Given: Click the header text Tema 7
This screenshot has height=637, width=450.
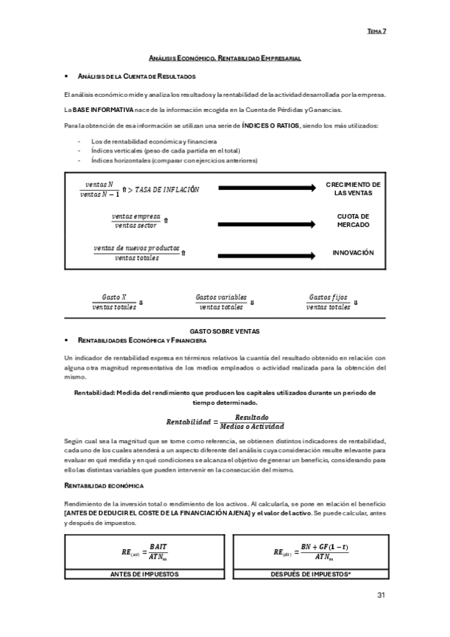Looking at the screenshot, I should [x=376, y=32].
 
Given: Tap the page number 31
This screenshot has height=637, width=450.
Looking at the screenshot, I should [x=381, y=596].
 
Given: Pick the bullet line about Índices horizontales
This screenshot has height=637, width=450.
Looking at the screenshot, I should [x=174, y=160].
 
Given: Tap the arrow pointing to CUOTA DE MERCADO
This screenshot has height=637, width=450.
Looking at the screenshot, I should [x=267, y=221].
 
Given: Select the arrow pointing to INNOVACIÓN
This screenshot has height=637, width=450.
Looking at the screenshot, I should [x=267, y=253].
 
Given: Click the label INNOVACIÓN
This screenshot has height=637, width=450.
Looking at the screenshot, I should [x=353, y=253].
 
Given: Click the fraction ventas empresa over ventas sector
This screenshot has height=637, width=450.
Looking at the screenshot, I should [x=135, y=221].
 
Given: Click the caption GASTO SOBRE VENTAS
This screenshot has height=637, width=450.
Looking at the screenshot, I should [x=225, y=331].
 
